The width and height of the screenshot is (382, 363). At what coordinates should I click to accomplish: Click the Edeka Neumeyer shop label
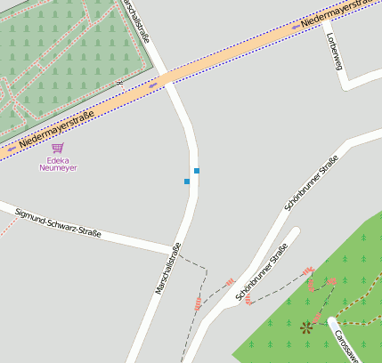coord(58,164)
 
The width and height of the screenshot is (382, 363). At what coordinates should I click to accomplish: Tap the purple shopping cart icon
coord(58,148)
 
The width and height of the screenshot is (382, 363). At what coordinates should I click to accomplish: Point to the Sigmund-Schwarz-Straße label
coord(58,223)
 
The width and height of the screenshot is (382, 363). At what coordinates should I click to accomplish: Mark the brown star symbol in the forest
coord(307,327)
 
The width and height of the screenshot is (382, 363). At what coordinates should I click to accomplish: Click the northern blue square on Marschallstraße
coord(196,170)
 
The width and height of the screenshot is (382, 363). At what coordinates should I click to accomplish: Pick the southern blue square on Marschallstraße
coord(187,181)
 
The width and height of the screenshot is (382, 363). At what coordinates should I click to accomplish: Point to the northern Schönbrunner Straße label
coord(312,182)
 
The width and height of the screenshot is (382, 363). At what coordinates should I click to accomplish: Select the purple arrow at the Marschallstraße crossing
coord(153,85)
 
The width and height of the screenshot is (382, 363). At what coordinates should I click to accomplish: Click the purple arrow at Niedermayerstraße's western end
coord(11,149)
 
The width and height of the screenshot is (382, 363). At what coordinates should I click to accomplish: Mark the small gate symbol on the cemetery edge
coord(118,83)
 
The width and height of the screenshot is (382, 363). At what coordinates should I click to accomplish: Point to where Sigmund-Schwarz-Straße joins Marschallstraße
coord(174,248)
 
